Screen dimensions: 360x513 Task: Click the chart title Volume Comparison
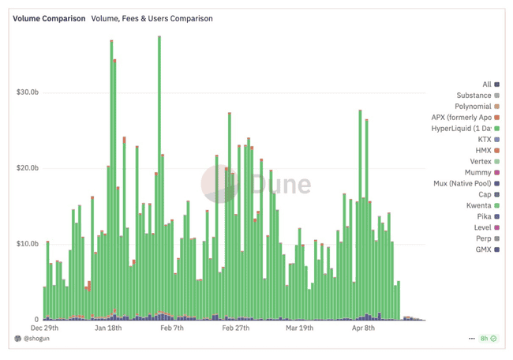click(x=49, y=18)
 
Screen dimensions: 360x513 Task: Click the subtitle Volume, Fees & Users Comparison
click(x=152, y=18)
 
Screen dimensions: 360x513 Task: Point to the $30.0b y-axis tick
click(x=28, y=92)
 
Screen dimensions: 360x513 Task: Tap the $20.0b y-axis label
click(x=28, y=168)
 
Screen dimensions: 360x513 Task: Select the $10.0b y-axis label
click(x=28, y=244)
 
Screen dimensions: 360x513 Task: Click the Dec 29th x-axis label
click(x=47, y=328)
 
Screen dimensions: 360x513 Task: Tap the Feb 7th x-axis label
click(x=172, y=328)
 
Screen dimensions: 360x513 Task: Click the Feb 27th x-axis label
click(x=236, y=328)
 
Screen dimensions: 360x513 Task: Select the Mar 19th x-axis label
click(x=299, y=328)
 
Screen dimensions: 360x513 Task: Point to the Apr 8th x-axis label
click(x=362, y=328)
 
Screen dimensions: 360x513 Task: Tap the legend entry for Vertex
click(x=478, y=162)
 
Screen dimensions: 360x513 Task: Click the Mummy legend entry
click(x=477, y=173)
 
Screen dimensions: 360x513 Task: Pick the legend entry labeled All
click(x=486, y=84)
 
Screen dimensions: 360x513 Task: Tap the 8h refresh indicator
click(x=488, y=339)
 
